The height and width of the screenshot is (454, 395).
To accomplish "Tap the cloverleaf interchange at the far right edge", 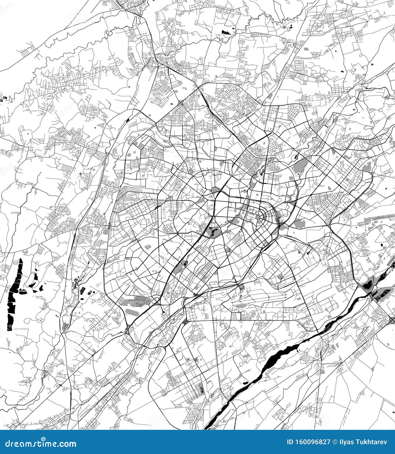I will coord(391,319).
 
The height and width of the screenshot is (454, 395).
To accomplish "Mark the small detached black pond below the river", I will coord(245,383).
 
